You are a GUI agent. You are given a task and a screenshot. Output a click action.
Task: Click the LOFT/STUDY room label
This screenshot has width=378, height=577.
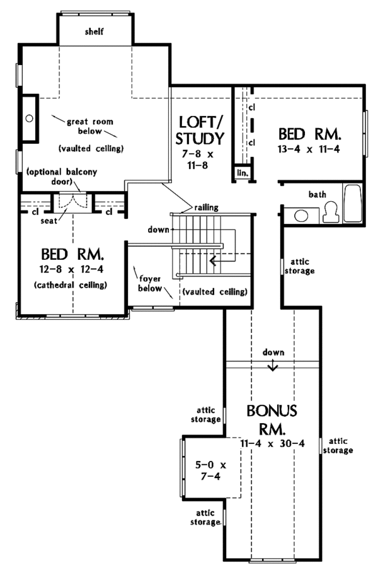click(x=200, y=131)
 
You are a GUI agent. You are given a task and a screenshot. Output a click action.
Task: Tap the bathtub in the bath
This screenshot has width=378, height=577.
click(x=353, y=203)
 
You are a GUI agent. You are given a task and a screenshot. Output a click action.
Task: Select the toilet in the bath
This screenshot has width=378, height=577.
click(x=331, y=212)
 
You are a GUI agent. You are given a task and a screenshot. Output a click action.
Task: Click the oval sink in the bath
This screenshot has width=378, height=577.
click(x=301, y=216)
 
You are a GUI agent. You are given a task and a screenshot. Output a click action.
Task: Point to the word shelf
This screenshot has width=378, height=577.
click(x=94, y=32)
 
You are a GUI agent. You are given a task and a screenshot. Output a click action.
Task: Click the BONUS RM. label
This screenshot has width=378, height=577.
click(x=272, y=419)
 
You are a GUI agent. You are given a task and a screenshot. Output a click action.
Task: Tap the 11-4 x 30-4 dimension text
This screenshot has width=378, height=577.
click(x=272, y=443)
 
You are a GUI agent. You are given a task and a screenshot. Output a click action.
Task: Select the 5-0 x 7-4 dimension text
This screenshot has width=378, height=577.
click(x=210, y=470)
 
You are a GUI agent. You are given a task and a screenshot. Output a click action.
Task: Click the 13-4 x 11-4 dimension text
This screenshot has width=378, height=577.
click(x=309, y=149)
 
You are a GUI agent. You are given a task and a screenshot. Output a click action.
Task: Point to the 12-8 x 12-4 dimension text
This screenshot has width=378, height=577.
click(x=71, y=269)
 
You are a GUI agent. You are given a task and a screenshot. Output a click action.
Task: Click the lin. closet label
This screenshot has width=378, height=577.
click(x=243, y=173)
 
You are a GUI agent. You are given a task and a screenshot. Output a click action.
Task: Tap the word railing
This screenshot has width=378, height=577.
click(x=206, y=207)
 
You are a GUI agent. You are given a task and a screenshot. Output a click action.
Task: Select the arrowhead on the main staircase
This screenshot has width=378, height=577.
click(x=213, y=261)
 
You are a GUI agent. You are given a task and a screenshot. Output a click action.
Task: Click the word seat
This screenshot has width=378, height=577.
click(x=49, y=221)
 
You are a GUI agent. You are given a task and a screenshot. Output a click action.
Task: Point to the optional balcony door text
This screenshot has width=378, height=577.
click(x=62, y=177)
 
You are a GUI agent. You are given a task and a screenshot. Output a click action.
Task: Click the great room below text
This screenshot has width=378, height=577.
click(x=90, y=126)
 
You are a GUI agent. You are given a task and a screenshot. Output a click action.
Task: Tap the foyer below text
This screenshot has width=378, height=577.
click(x=150, y=283)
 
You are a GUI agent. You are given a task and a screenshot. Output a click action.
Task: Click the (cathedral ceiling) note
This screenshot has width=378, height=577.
click(x=70, y=285)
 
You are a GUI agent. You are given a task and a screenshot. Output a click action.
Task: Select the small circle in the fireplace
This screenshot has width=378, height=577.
click(x=30, y=119)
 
